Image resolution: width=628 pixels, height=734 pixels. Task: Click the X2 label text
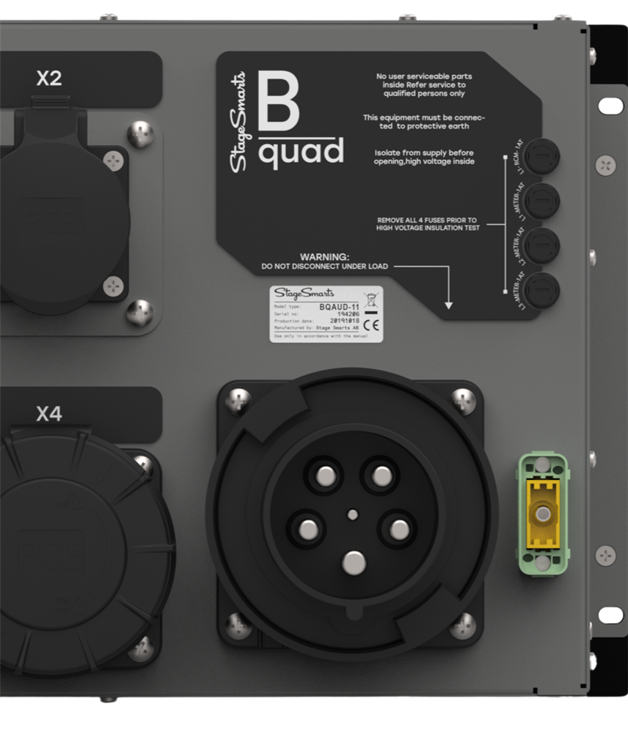pos(49,79)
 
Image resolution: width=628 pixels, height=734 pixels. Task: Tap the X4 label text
pos(49,415)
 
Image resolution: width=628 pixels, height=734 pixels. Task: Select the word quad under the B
pos(301,153)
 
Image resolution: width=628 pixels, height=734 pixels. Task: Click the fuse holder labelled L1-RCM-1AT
pos(543,156)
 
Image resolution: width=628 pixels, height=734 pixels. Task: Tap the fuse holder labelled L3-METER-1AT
pos(543,290)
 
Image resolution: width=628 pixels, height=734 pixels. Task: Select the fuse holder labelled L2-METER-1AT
pos(543,244)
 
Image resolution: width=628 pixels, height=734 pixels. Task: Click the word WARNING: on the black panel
pos(324,256)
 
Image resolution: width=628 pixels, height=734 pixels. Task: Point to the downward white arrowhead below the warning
pos(449,304)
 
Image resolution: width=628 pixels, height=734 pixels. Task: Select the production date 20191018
pos(344,321)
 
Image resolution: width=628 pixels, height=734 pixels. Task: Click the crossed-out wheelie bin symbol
pos(371,299)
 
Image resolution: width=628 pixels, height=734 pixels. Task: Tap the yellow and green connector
pos(543,512)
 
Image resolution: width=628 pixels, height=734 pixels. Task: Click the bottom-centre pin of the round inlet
pos(354,563)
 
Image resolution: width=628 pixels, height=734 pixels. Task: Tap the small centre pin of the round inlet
pos(354,514)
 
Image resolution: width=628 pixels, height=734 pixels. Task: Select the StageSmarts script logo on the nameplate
pos(304,293)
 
